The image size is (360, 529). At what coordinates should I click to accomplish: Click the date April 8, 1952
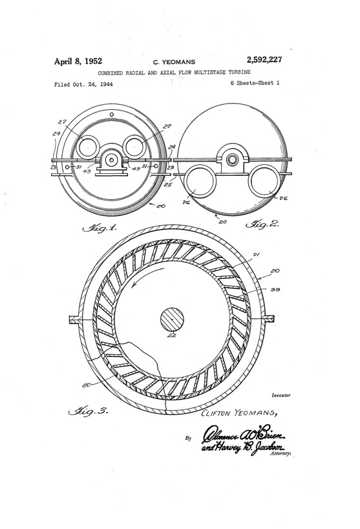point(81,61)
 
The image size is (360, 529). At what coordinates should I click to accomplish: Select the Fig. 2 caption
point(261,226)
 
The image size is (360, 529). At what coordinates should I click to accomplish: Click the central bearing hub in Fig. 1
point(112,158)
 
